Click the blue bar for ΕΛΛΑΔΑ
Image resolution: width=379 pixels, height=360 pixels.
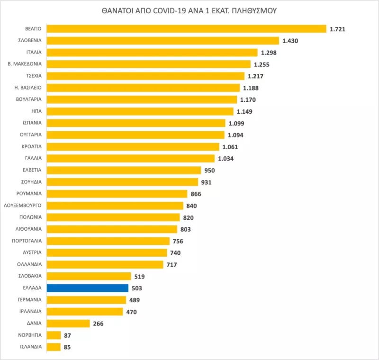[x=88, y=288]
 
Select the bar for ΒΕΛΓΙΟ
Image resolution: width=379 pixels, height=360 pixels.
[x=187, y=29]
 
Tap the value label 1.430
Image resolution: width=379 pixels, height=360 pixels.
[x=291, y=41]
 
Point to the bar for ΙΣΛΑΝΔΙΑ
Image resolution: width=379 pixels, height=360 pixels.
[x=54, y=347]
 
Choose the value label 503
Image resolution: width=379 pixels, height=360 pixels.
[x=137, y=288]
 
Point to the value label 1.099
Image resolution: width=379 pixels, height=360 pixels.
[x=236, y=123]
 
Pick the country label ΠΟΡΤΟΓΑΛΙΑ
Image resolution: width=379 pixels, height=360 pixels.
[x=27, y=241]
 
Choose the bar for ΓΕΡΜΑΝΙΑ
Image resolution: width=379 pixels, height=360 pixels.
[x=87, y=300]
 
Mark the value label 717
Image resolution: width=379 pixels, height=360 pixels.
[x=171, y=264]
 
